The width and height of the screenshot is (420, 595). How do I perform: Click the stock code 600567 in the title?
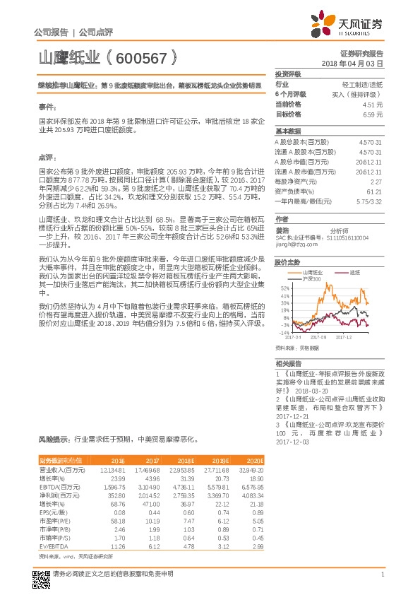(x=140, y=56)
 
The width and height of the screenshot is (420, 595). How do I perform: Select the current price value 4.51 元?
(x=372, y=103)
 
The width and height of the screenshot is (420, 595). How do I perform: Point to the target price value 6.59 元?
(x=372, y=113)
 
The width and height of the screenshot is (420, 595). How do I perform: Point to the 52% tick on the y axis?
(x=284, y=269)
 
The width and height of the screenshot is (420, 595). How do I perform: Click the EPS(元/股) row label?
(x=53, y=512)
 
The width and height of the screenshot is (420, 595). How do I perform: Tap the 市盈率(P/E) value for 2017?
(x=146, y=521)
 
